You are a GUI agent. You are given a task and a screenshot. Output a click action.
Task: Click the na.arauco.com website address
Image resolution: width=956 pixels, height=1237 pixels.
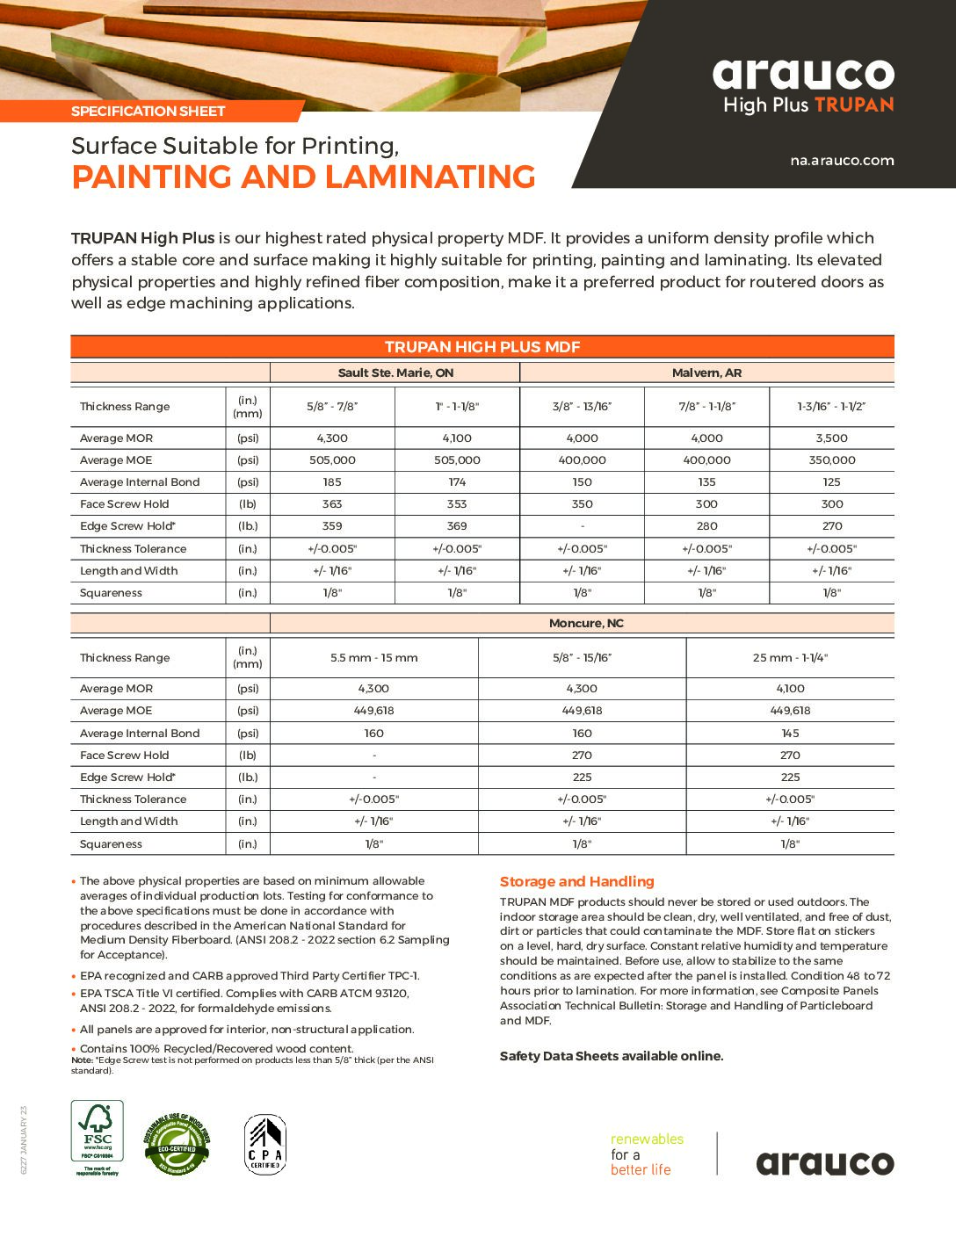(x=842, y=161)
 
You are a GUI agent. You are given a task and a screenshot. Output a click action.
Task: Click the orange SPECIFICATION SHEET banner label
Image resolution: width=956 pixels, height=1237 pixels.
(x=148, y=112)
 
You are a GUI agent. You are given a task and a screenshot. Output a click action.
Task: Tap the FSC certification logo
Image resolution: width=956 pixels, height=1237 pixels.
(x=97, y=1138)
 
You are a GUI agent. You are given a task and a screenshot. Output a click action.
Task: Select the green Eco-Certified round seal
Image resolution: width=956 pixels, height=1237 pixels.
(x=177, y=1144)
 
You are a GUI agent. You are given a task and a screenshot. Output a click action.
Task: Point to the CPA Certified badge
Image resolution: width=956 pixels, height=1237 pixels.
(x=264, y=1144)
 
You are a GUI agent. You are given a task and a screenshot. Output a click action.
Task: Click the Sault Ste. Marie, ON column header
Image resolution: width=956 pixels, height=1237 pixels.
(x=395, y=373)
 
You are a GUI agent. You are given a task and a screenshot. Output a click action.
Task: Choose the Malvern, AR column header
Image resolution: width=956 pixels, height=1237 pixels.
(x=706, y=373)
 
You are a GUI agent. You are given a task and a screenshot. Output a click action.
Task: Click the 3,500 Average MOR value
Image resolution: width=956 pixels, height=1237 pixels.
(x=831, y=438)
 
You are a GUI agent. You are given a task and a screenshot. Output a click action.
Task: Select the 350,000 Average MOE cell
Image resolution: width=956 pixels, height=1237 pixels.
(x=831, y=460)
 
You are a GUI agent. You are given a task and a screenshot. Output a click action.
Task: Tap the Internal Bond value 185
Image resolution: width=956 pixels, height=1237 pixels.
(x=332, y=482)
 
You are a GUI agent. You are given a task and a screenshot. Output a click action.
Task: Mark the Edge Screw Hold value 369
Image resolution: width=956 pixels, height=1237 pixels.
(x=457, y=526)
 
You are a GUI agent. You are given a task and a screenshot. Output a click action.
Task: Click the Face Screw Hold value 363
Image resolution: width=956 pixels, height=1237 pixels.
(x=332, y=504)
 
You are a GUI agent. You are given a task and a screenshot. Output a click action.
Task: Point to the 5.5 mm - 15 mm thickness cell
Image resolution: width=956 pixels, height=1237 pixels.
(x=373, y=658)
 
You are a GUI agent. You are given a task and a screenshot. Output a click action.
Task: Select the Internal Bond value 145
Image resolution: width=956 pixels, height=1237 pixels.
(x=790, y=734)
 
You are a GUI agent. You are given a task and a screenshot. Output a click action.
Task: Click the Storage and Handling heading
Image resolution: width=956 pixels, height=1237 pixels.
(x=577, y=882)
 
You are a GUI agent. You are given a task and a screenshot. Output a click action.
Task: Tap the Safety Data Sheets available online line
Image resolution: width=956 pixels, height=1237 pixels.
(x=612, y=1056)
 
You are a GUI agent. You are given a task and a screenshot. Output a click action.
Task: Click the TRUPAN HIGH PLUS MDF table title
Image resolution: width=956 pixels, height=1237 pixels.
(x=482, y=347)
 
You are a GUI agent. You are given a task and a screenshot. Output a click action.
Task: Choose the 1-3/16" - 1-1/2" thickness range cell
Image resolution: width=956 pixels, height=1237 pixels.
(x=831, y=407)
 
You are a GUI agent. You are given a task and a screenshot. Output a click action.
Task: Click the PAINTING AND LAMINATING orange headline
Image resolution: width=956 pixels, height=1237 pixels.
(x=303, y=177)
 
